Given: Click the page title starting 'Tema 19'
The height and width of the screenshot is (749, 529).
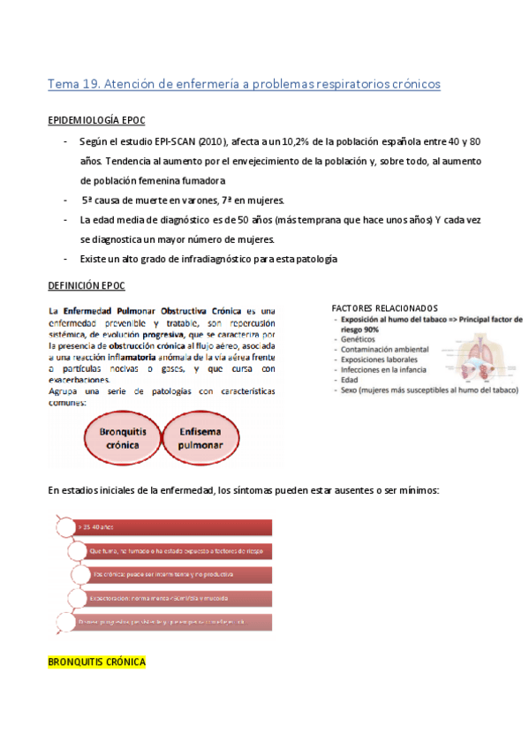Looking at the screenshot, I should (x=244, y=84).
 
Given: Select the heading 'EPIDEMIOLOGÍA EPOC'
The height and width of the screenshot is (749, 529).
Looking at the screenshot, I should (x=96, y=120).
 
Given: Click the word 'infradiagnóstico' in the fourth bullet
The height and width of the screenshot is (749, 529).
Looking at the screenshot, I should (x=216, y=259).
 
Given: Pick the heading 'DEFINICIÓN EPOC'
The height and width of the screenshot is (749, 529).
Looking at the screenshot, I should (x=86, y=285).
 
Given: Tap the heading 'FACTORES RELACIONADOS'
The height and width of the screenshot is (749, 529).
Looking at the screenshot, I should (x=384, y=307).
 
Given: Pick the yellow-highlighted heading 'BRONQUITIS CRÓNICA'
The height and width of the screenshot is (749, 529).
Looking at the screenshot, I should (x=96, y=662).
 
